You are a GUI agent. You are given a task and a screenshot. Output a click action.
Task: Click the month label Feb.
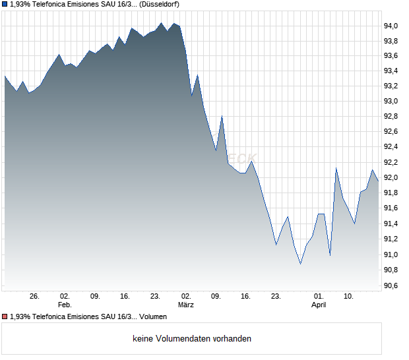point(64,305)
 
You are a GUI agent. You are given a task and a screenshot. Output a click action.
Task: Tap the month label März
point(186,305)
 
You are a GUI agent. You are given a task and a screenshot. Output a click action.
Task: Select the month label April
point(319,305)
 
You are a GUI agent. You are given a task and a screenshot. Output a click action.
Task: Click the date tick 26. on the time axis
point(35,297)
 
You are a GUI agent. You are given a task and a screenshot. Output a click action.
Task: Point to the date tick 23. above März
point(156,297)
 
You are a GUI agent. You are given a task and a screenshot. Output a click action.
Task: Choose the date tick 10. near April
point(350,297)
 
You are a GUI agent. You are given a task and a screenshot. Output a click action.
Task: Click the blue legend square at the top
point(5,4)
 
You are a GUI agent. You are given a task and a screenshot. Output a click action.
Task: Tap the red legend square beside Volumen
point(5,317)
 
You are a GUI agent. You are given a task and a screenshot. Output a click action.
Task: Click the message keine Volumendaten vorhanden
point(192,339)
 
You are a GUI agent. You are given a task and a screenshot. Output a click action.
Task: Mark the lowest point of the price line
point(301,264)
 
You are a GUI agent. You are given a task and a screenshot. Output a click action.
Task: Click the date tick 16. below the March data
point(246,297)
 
